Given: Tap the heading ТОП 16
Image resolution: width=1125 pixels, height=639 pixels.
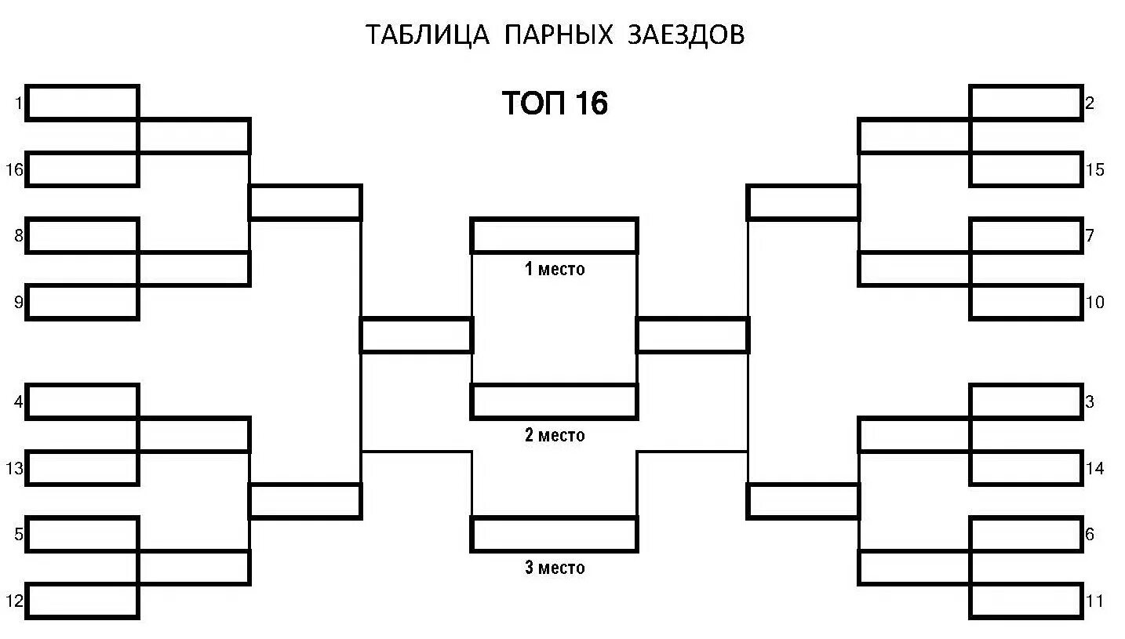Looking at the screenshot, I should (x=555, y=103).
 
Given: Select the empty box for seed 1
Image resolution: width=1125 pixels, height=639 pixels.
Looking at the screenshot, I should (x=82, y=103).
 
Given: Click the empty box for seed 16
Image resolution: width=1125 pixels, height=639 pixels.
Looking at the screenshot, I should (x=82, y=169).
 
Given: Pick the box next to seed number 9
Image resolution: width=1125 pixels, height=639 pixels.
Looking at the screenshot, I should (x=82, y=303).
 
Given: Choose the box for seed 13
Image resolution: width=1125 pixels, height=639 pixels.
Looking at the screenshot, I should (x=82, y=469).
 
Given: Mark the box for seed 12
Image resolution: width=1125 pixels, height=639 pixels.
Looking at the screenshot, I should (x=82, y=602).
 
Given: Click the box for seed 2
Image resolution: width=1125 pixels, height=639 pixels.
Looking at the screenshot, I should (x=1026, y=103).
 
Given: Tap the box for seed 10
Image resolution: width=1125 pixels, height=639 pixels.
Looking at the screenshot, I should (x=1026, y=303).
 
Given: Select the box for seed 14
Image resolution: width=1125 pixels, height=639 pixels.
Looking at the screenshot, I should (x=1026, y=469).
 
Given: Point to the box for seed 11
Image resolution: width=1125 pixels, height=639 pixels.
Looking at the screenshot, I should (x=1026, y=602).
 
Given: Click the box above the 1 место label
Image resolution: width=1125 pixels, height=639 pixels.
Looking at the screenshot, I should (x=554, y=236).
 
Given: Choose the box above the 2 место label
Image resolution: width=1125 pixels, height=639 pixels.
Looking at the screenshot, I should (x=554, y=401).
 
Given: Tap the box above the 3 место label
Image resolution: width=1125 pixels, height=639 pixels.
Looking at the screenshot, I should (x=554, y=535).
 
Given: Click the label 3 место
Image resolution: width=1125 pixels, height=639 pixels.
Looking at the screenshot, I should (x=555, y=568).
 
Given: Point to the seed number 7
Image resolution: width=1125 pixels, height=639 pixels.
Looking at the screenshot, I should (x=1090, y=235).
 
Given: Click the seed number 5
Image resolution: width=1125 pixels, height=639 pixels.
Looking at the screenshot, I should (x=19, y=536).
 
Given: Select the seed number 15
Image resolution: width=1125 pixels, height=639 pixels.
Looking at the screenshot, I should (x=1095, y=169).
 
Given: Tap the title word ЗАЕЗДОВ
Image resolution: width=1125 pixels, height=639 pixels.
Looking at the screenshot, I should (x=686, y=35).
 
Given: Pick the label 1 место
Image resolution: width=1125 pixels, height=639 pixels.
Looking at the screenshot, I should (x=555, y=270).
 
